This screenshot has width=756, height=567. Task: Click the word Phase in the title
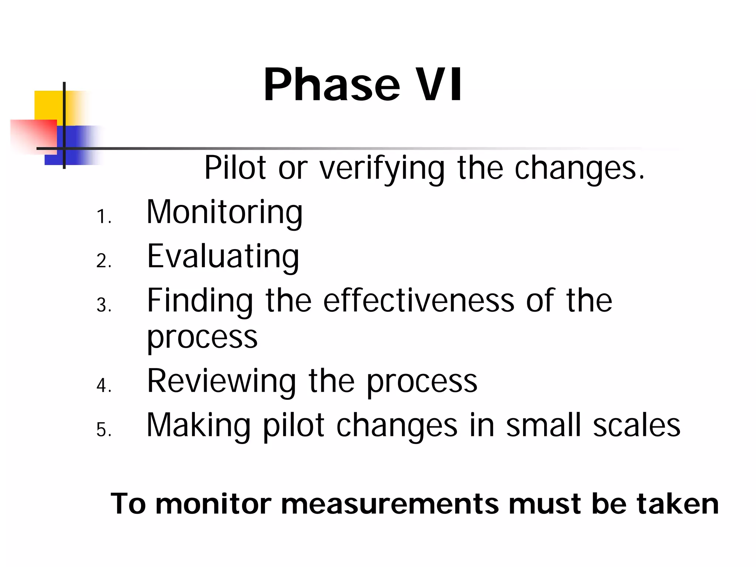coord(331,85)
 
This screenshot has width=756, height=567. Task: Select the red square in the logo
coord(33,135)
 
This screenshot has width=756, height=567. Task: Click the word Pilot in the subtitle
coord(235,168)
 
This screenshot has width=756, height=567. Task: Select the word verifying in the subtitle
coord(382,169)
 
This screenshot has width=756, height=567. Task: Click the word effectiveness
coord(419,300)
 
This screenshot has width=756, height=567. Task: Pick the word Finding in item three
coord(200,301)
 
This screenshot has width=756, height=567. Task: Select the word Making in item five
coord(199,425)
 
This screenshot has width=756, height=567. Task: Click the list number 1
coord(102,217)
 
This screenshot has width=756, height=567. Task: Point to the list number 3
coord(103,306)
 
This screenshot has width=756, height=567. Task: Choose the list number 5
coord(103,430)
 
